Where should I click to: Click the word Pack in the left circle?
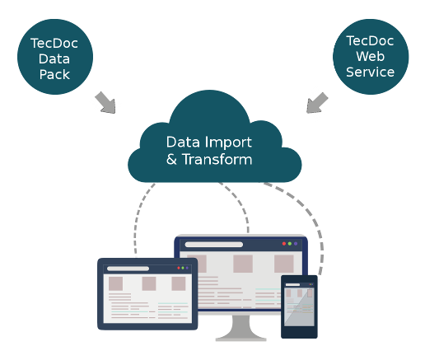(54, 74)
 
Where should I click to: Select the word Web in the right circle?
(371, 56)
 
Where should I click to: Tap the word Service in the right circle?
(371, 72)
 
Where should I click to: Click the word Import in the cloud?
(228, 143)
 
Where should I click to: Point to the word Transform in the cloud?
(217, 159)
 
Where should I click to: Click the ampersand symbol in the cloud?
(171, 160)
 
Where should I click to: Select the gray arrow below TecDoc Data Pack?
(106, 103)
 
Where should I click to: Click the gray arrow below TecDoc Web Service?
(316, 103)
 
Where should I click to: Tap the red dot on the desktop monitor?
(284, 244)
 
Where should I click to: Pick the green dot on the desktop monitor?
(290, 244)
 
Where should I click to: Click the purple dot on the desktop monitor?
(296, 244)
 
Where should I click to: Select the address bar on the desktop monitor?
(214, 245)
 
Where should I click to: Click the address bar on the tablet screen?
(128, 269)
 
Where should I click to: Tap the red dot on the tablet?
(179, 268)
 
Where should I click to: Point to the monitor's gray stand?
(241, 328)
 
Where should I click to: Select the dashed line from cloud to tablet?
(138, 217)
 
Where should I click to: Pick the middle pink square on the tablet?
(149, 283)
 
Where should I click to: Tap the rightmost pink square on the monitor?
(284, 264)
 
